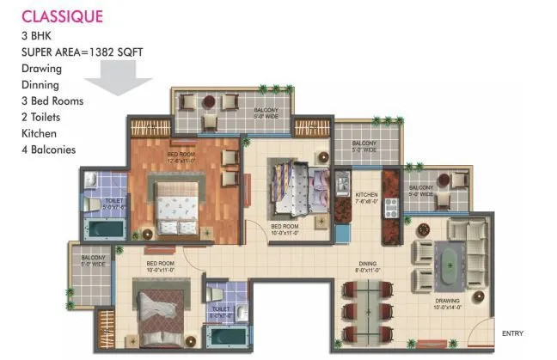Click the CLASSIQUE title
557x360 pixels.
tap(62, 16)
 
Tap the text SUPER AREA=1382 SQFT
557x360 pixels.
tap(83, 52)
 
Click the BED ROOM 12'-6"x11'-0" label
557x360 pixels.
tap(183, 157)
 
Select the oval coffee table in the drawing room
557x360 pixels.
tap(450, 259)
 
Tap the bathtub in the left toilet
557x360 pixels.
tap(103, 229)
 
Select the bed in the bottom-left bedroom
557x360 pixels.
tap(162, 309)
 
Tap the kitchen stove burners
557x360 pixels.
tap(392, 206)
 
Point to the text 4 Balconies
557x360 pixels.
tap(49, 149)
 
